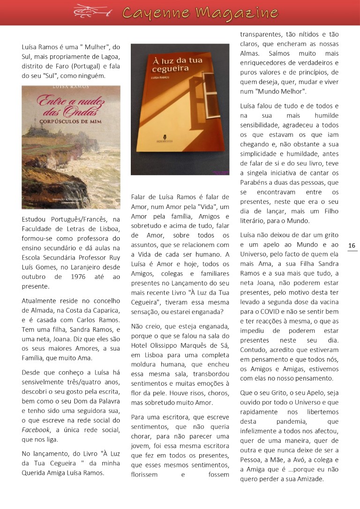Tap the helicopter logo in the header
click(x=92, y=11)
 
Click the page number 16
click(x=352, y=246)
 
